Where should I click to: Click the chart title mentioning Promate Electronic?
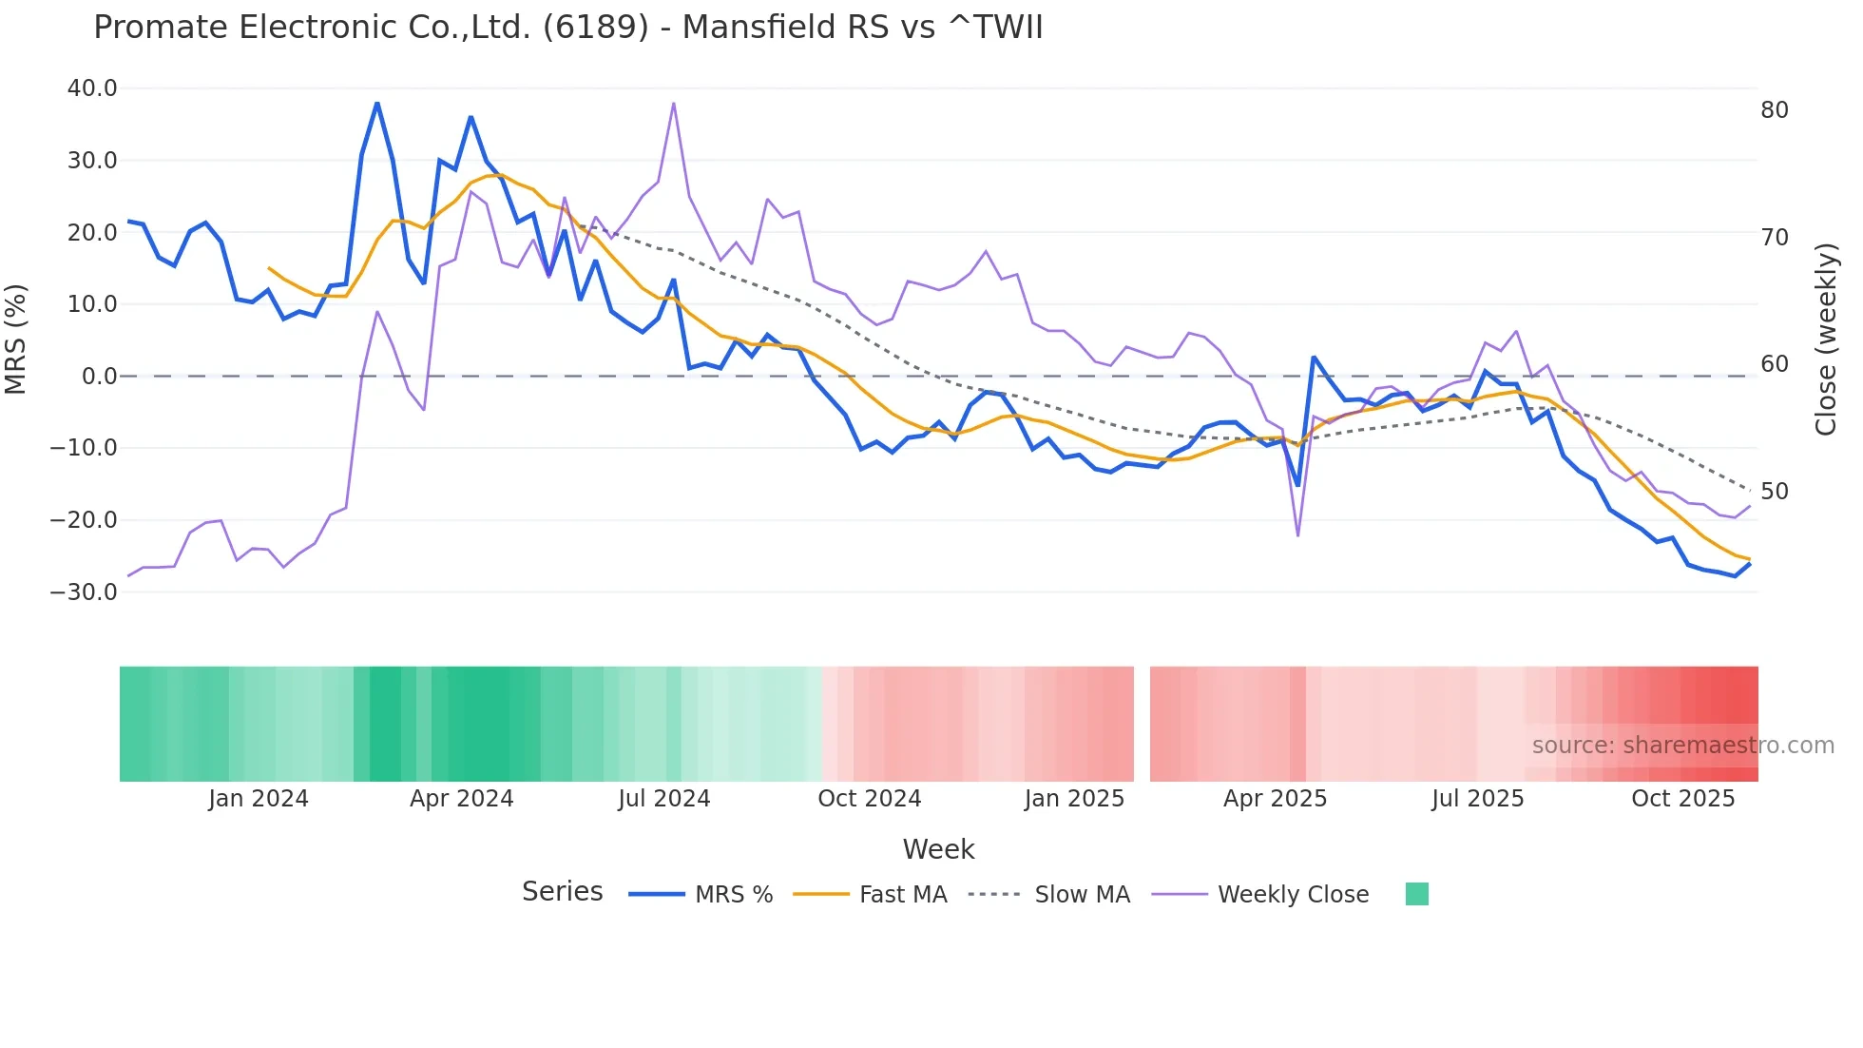567,28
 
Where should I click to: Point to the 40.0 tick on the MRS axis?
92,88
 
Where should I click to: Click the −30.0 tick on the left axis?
84,592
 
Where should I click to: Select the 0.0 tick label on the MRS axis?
100,377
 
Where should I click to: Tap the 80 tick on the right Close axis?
1774,110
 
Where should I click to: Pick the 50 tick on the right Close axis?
1774,492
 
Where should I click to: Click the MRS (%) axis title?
16,340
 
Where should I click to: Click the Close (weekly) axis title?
1825,340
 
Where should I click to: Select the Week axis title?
938,849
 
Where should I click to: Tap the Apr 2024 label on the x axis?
461,799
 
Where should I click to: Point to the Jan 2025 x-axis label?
1074,799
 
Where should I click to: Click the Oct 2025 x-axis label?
1682,799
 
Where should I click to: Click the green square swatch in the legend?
1416,894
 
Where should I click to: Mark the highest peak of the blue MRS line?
377,103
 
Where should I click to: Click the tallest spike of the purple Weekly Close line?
673,103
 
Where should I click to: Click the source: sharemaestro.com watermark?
1682,746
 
